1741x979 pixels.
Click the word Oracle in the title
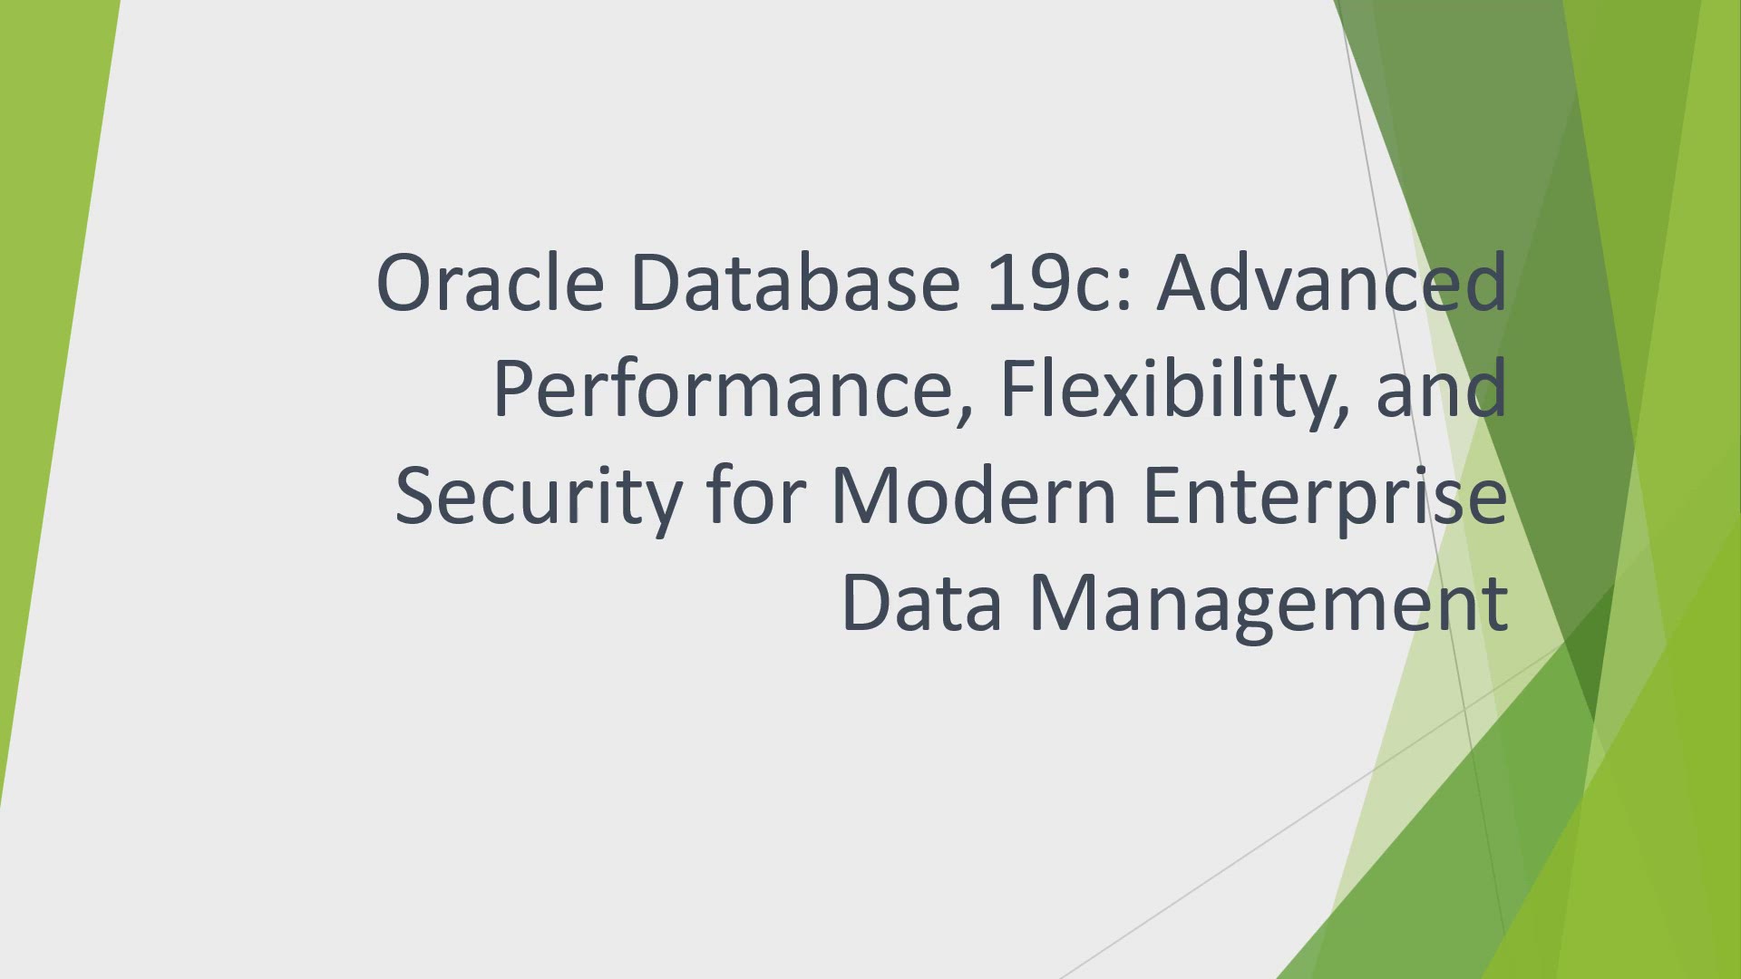pyautogui.click(x=490, y=282)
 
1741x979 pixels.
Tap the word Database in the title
pyautogui.click(x=794, y=282)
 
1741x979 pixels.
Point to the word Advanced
pyautogui.click(x=1332, y=282)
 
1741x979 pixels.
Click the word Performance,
pyautogui.click(x=734, y=390)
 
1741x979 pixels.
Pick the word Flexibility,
pyautogui.click(x=1176, y=390)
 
